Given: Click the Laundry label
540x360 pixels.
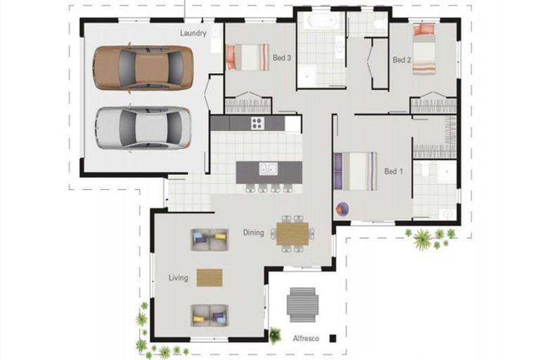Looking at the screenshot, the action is tap(193, 33).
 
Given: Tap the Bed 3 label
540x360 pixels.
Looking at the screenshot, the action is tap(282, 58).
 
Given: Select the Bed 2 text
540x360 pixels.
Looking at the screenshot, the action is tap(401, 60).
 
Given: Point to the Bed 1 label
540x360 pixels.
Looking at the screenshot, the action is tap(394, 172).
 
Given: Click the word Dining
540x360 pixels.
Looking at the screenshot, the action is tap(253, 233).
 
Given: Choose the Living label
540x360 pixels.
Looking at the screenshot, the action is tap(178, 278).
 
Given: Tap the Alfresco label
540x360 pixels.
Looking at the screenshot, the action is tap(306, 338).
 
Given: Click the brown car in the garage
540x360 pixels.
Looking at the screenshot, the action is tap(143, 68).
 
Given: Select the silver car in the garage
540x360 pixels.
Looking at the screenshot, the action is tap(143, 127).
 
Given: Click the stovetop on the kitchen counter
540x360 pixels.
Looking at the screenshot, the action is tap(257, 123).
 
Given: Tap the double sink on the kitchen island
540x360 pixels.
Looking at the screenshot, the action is tap(269, 169).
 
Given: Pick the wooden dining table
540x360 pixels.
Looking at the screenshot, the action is tap(292, 233).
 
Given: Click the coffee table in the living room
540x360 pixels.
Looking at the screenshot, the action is tap(210, 278).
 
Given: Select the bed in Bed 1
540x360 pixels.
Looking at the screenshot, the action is tap(355, 171).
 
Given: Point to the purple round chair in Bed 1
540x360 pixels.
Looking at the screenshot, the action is tap(342, 209).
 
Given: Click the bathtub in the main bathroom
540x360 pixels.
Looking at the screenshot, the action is tap(321, 20).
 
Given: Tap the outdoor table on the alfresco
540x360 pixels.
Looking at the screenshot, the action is tap(302, 305).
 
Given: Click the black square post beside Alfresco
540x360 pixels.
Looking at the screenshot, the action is tap(333, 338).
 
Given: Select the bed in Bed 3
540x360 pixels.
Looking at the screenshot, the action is tap(247, 57).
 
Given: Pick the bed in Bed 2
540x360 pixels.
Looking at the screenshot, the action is tap(424, 49).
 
